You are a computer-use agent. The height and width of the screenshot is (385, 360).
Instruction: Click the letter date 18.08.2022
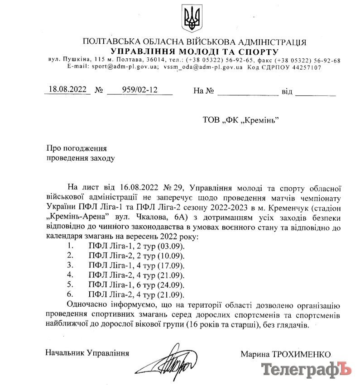click(68, 90)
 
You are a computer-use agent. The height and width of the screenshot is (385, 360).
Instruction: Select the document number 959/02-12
click(139, 90)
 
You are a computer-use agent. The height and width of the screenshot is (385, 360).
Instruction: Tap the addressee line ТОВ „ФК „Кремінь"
click(240, 120)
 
